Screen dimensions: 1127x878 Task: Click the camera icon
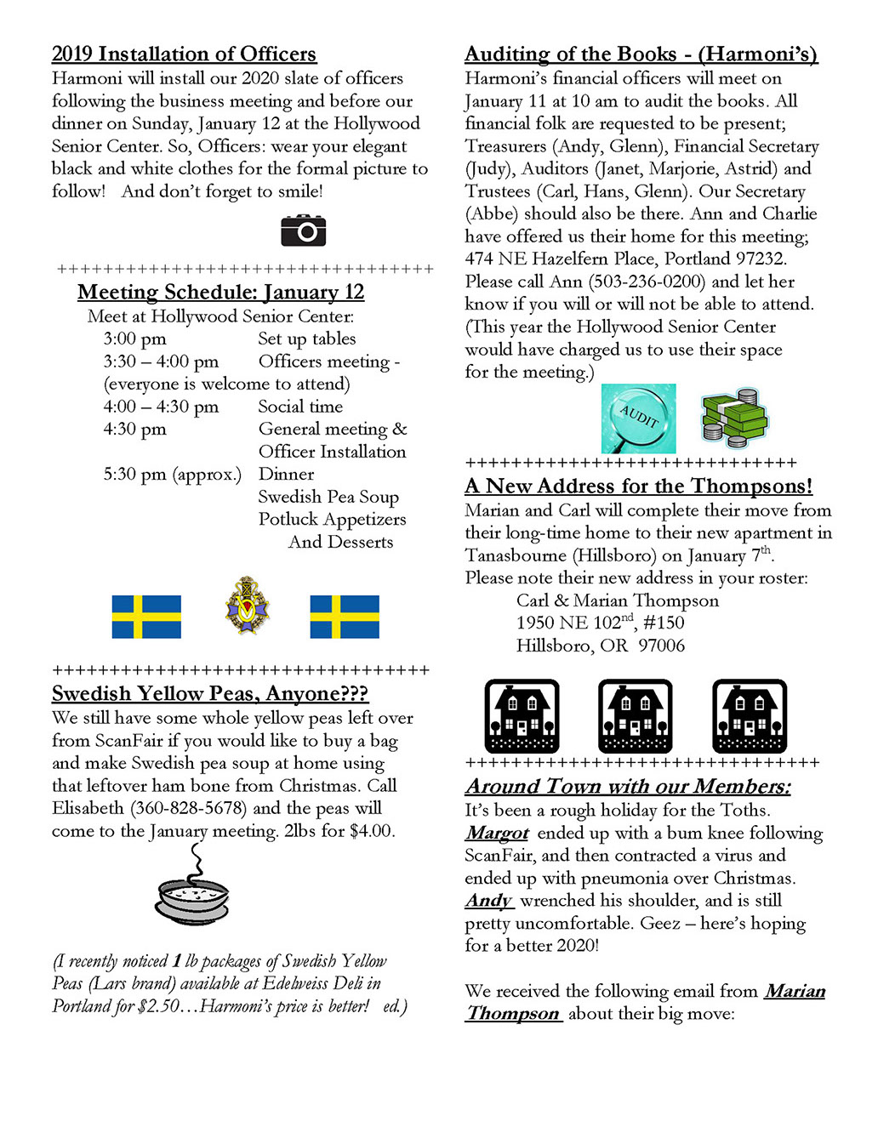304,231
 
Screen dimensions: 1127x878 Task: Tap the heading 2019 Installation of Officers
184,54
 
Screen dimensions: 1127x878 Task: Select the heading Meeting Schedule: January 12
220,293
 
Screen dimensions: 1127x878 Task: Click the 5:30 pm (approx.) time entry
172,475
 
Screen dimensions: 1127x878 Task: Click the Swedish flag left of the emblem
146,617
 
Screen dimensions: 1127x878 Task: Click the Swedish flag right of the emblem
345,617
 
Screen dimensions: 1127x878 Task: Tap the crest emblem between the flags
247,606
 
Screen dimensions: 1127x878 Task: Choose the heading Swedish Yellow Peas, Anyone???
210,694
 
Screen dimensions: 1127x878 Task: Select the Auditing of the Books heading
641,54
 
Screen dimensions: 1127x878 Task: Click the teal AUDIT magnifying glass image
638,418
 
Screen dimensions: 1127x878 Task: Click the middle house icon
635,716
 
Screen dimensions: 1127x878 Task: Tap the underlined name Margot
498,834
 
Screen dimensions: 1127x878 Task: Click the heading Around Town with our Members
628,787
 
